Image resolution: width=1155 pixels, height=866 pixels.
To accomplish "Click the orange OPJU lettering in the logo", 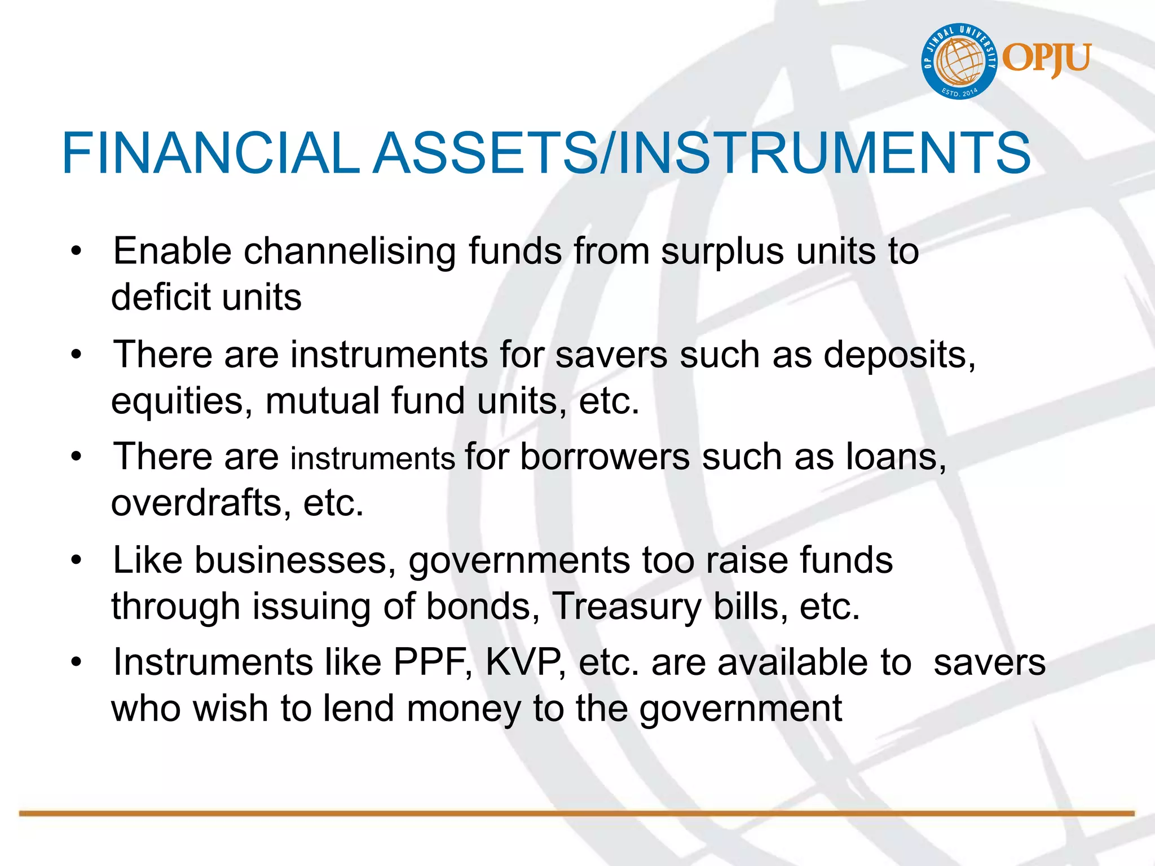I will pos(1047,59).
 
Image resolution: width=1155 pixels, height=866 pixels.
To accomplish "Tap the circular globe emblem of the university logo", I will pos(959,61).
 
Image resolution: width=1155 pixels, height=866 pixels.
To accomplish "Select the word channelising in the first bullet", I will pos(350,251).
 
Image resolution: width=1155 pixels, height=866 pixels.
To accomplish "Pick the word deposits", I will pos(900,356).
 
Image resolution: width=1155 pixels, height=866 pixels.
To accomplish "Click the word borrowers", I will pos(605,457).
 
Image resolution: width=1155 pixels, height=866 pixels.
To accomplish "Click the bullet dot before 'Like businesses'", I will pos(77,560).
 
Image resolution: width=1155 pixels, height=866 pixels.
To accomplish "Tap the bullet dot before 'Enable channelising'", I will pos(77,251).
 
